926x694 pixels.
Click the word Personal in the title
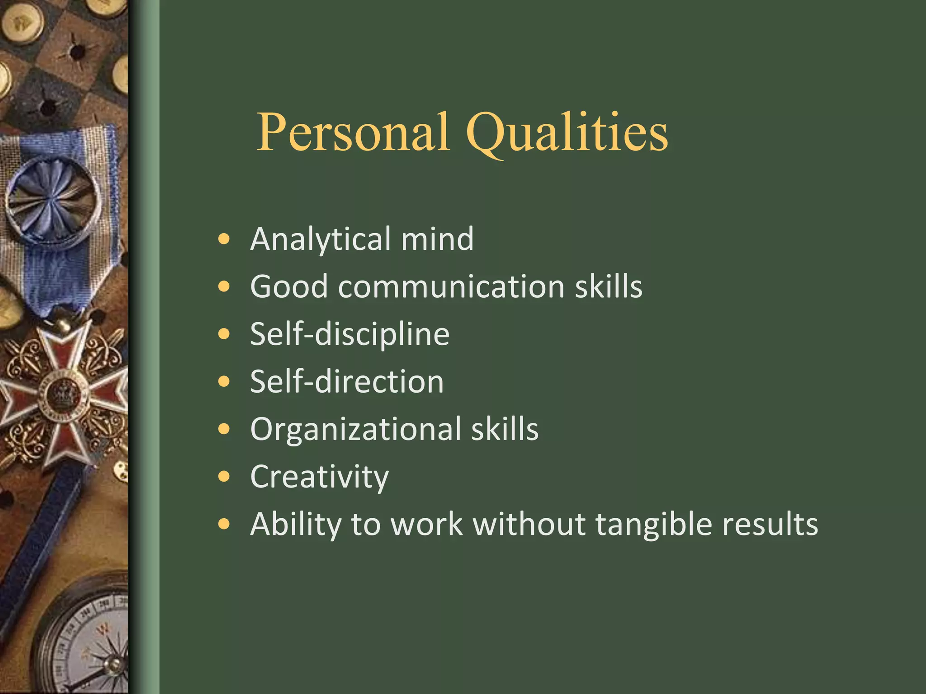click(x=353, y=132)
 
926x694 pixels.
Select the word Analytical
click(x=321, y=239)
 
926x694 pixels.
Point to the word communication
click(x=451, y=286)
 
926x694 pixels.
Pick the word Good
click(x=289, y=286)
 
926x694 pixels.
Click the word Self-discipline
click(x=350, y=334)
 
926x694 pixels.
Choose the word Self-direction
click(x=347, y=381)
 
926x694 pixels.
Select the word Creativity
click(x=319, y=477)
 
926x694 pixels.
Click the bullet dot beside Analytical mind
click(x=224, y=239)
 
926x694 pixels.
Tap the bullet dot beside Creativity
click(x=224, y=477)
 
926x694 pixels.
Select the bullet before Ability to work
click(x=224, y=524)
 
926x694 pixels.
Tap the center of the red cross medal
click(x=62, y=393)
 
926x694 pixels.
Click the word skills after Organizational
click(x=505, y=429)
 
